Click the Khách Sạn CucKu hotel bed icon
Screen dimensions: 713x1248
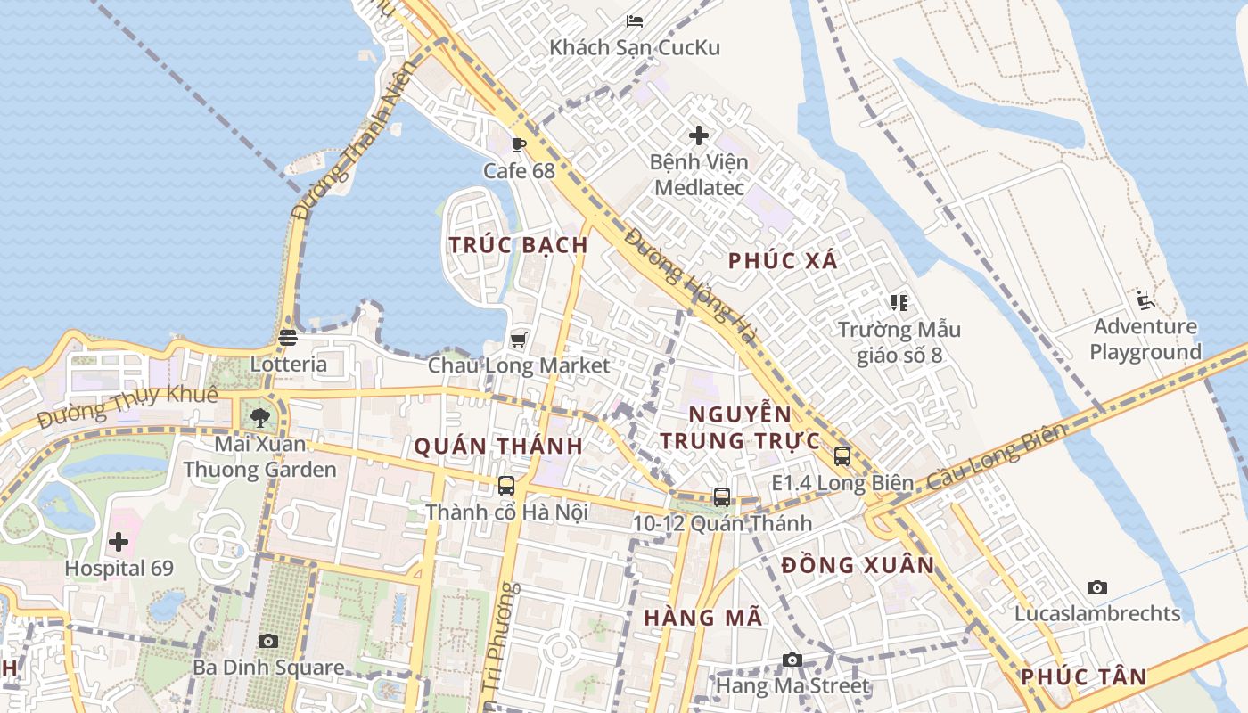[x=635, y=21]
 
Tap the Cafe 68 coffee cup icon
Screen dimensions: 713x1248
[x=519, y=144]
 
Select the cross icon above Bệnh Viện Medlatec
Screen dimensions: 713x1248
[x=699, y=135]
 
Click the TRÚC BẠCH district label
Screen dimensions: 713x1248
[x=518, y=245]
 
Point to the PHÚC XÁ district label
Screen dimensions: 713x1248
[x=783, y=261]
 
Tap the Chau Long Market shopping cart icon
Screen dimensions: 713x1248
[x=518, y=340]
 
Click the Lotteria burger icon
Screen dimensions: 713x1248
[x=287, y=338]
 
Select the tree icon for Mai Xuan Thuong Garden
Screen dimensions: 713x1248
[x=260, y=417]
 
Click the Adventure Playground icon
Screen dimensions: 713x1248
[x=1145, y=300]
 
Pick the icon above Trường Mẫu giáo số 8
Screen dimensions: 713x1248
[x=899, y=303]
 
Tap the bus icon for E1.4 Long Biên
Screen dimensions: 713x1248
[x=842, y=456]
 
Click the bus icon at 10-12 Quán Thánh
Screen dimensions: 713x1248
[x=722, y=497]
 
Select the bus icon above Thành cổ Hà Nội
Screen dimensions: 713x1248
[x=506, y=486]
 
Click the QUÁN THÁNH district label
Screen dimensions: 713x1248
[x=498, y=447]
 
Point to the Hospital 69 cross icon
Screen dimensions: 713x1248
[x=119, y=542]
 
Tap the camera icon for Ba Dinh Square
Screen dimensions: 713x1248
[x=268, y=641]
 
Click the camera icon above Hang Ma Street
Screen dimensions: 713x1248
[x=792, y=660]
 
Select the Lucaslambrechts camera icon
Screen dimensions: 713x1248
[x=1097, y=587]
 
